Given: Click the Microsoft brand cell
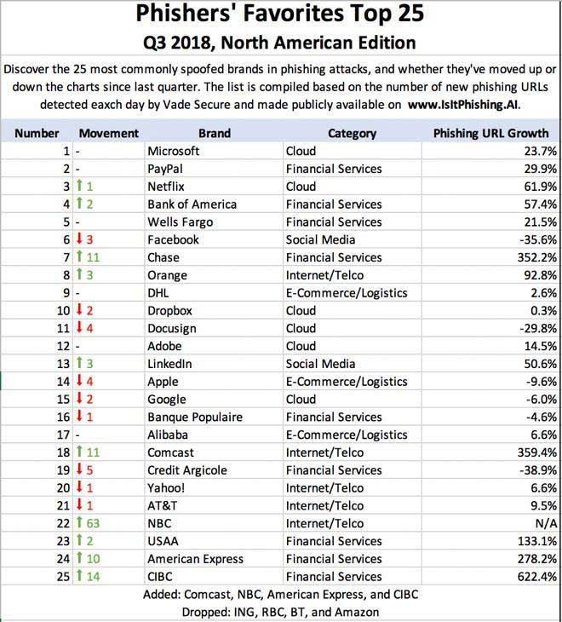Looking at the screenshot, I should tap(174, 151).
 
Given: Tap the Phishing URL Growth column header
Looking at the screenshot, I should tap(490, 133).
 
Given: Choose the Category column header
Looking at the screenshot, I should tap(352, 133).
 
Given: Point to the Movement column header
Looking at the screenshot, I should tap(108, 133).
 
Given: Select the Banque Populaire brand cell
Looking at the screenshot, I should tap(195, 417).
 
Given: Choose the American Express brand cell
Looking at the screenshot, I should tap(195, 559).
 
